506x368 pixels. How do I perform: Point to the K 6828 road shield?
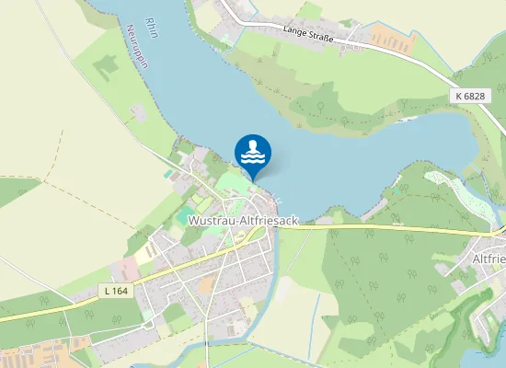click(469, 96)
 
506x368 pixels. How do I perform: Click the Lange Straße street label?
click(307, 32)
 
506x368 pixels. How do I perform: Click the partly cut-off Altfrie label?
click(487, 259)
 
